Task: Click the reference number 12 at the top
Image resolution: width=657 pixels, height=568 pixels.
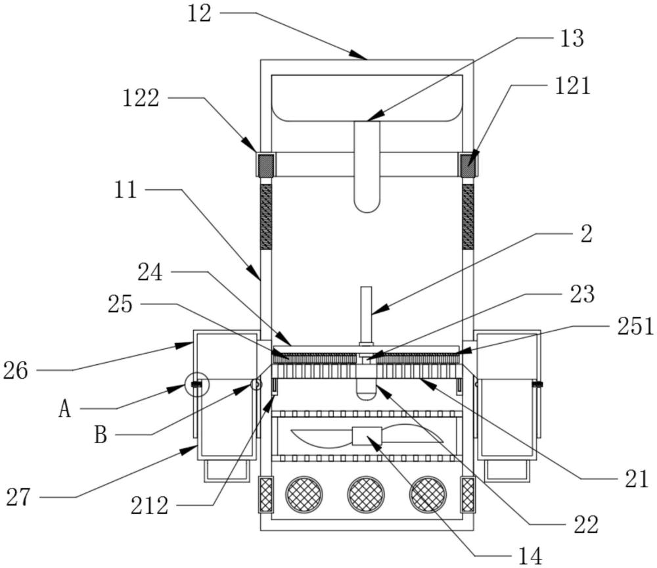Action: click(199, 13)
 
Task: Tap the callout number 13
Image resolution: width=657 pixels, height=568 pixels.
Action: click(572, 39)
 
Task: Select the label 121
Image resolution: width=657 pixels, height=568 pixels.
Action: click(573, 86)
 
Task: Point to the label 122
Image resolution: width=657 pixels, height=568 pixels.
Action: click(141, 99)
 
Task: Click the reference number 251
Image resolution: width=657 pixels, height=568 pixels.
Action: click(635, 326)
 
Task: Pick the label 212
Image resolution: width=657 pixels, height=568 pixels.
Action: click(149, 506)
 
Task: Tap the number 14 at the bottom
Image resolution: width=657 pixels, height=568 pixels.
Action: click(530, 556)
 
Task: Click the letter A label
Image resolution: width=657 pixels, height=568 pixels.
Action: click(64, 409)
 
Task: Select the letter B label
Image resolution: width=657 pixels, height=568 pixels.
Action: click(101, 435)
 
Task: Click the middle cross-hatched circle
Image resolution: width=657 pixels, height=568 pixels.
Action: click(366, 494)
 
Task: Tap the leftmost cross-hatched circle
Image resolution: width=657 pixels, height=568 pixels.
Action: click(304, 494)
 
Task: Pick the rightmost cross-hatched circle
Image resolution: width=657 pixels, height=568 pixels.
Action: click(428, 494)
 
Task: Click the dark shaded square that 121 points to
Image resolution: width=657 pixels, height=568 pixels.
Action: click(468, 165)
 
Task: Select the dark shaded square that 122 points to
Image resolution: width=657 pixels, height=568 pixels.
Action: click(265, 165)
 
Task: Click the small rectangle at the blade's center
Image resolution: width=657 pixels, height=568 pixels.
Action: click(367, 436)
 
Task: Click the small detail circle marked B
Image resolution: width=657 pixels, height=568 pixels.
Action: click(256, 385)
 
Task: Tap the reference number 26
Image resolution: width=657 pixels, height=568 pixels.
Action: click(16, 371)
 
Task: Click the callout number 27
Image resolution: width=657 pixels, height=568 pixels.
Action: click(18, 498)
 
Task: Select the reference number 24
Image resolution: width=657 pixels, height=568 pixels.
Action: click(150, 273)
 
